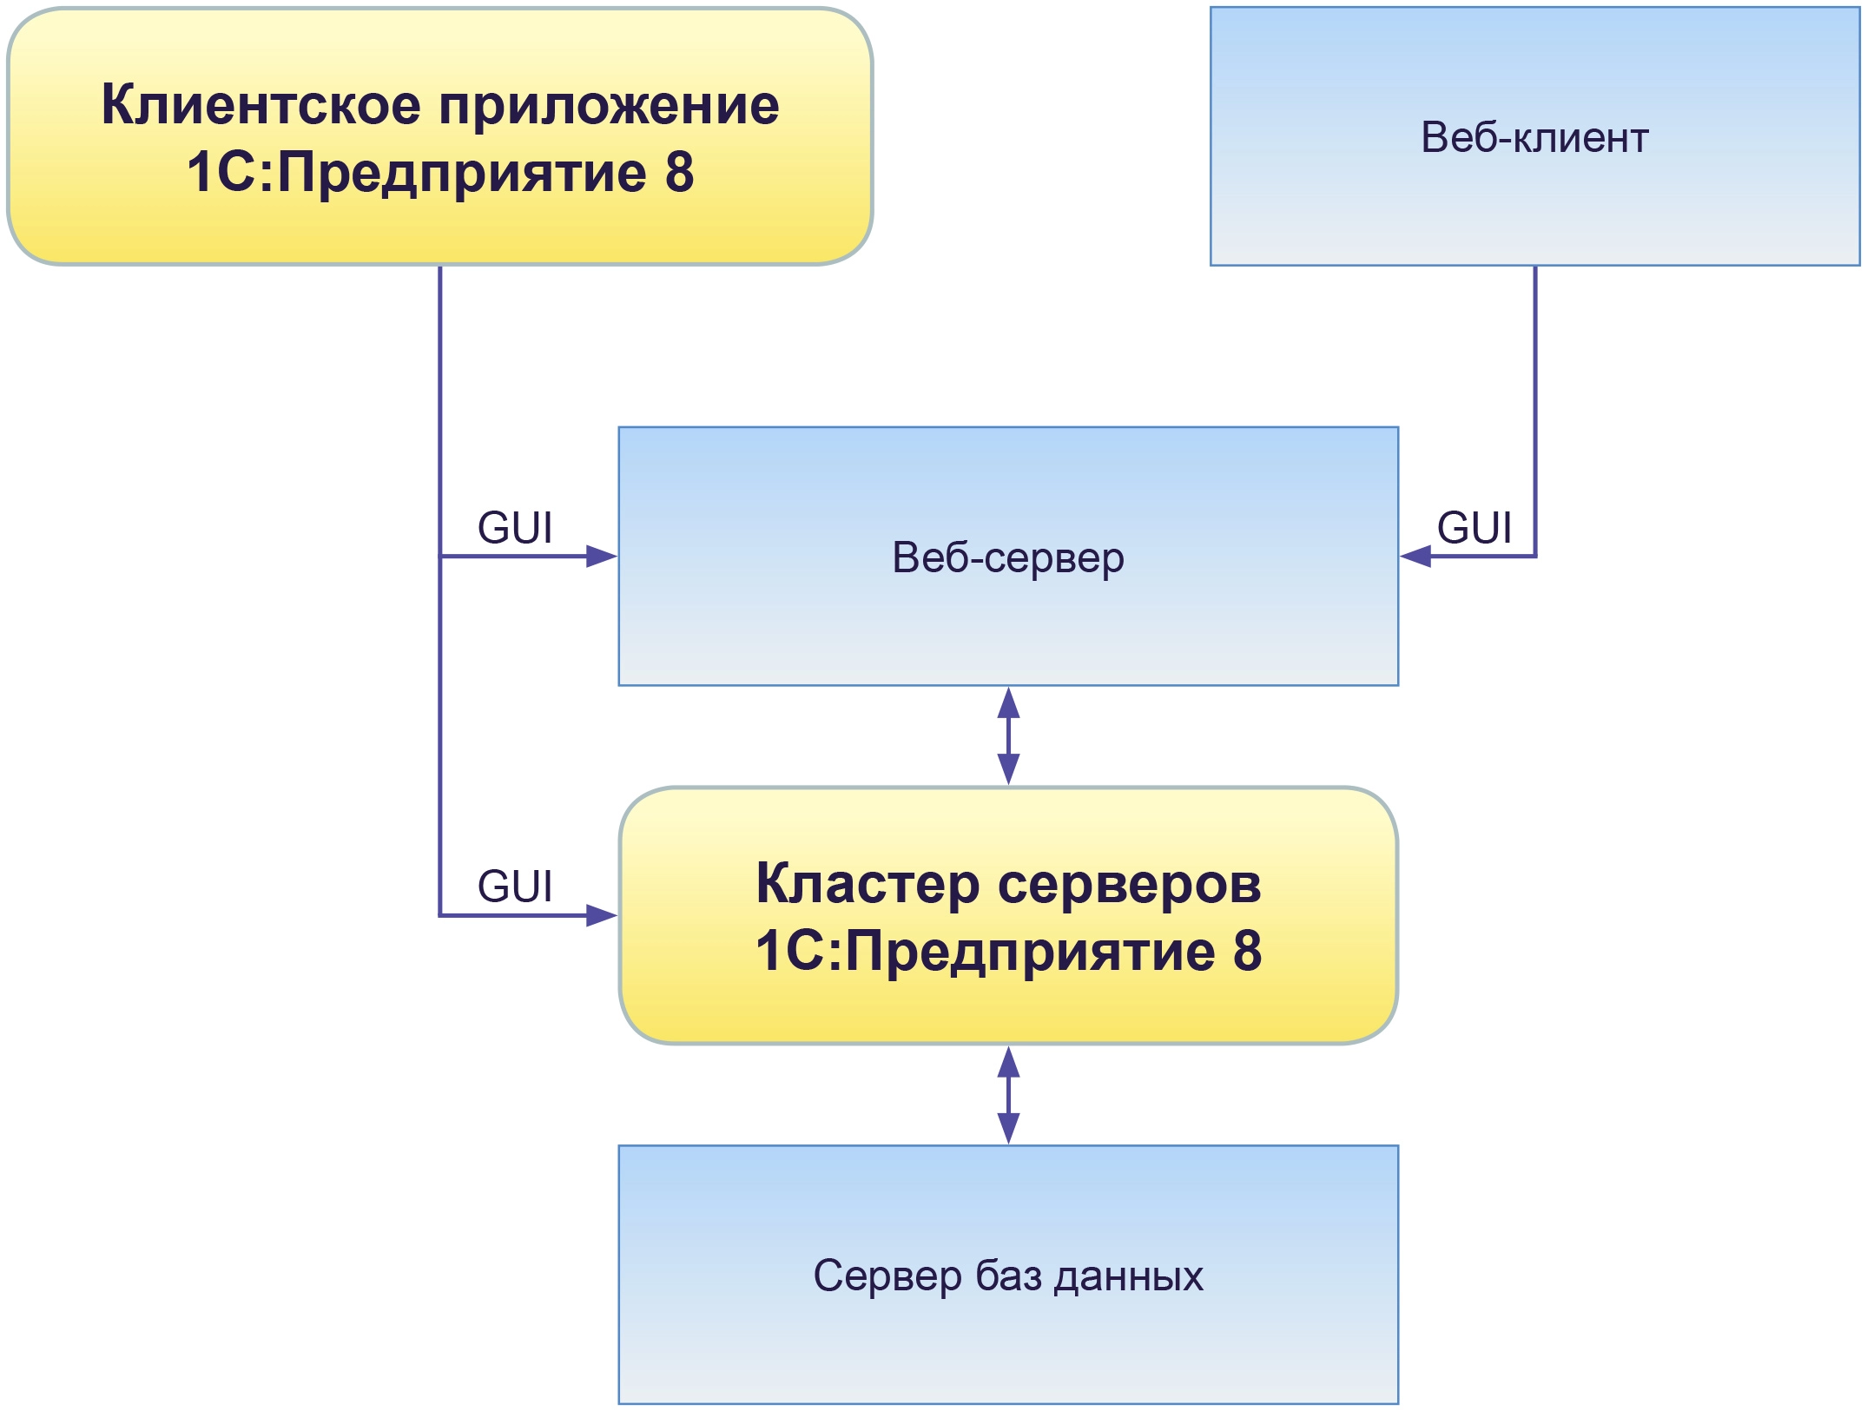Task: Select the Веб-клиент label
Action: (1534, 137)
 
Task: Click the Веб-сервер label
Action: (1008, 557)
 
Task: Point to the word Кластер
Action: (868, 884)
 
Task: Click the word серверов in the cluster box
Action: (1130, 884)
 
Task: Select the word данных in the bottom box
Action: (1129, 1276)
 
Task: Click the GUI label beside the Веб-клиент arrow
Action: (1474, 528)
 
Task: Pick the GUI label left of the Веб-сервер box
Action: (515, 528)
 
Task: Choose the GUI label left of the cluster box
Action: (515, 887)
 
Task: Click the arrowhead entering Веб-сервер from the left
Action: (601, 556)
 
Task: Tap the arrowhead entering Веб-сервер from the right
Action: (1416, 556)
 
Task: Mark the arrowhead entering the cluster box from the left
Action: (601, 915)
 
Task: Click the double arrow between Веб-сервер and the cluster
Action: (1008, 736)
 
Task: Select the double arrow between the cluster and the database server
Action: (1008, 1095)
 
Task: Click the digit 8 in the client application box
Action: (679, 172)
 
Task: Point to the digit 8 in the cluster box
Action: (1247, 951)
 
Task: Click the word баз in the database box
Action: (1008, 1276)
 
